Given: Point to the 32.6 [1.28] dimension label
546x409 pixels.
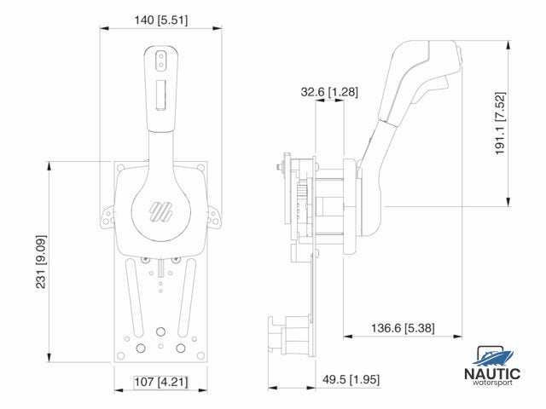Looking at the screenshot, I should (x=328, y=90).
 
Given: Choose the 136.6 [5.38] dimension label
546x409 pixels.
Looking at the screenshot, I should (x=401, y=326).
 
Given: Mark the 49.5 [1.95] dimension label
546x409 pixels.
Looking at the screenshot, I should (x=352, y=378).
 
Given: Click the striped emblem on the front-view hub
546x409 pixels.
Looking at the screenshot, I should (x=160, y=210).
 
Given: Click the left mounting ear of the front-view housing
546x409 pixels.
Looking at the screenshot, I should (x=107, y=217).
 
